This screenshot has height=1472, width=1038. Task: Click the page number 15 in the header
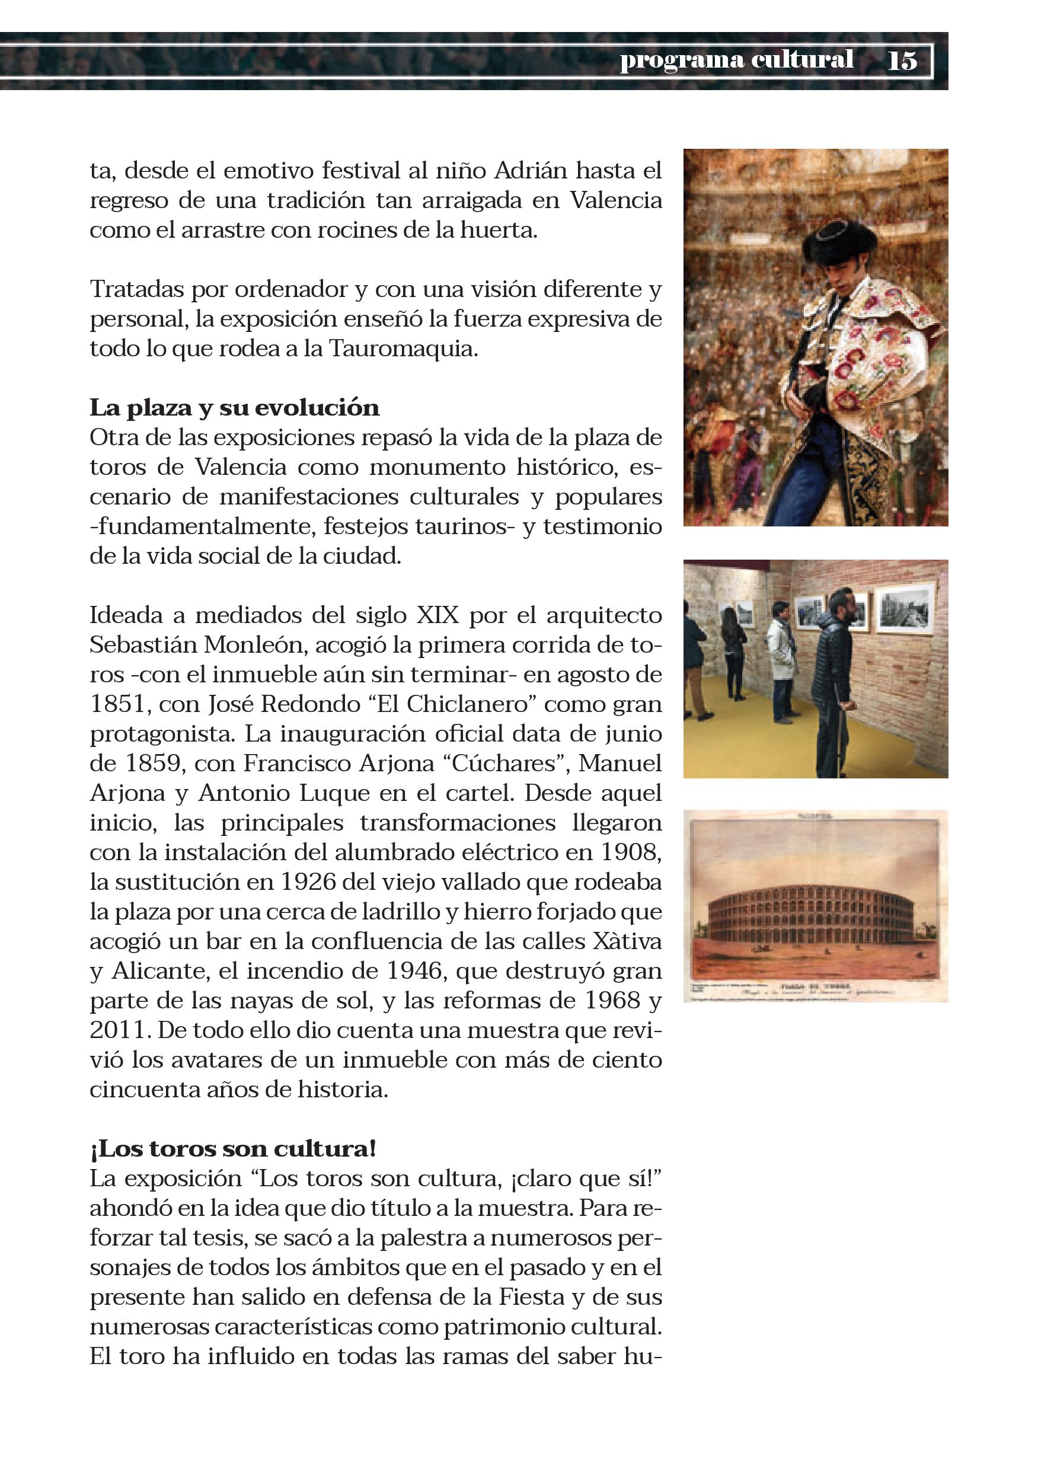[x=902, y=61]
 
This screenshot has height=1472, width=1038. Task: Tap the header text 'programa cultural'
[x=736, y=60]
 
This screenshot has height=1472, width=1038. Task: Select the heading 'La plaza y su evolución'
[x=234, y=408]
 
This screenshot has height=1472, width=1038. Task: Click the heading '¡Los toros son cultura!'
[x=233, y=1148]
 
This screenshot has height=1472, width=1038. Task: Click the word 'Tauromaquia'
[x=403, y=349]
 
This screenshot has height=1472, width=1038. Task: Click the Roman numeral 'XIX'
[x=438, y=615]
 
